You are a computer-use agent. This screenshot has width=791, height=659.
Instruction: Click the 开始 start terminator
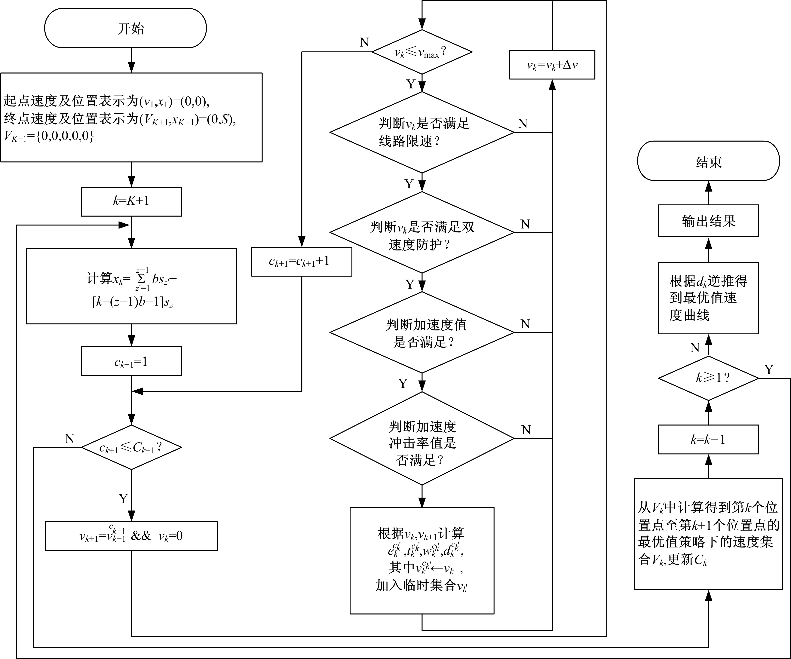tap(125, 28)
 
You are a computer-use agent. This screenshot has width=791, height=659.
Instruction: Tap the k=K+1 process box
tap(131, 201)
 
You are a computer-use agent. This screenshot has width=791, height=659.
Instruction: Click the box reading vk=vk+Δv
tap(552, 65)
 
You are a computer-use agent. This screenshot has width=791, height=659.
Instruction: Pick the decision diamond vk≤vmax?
tap(422, 52)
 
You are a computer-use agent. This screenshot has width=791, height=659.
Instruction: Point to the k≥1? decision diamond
tap(708, 378)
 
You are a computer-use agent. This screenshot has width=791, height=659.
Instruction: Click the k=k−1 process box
tap(708, 440)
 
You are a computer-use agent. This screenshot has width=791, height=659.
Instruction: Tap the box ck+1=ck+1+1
tap(301, 262)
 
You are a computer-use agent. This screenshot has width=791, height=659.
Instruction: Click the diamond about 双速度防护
tap(422, 232)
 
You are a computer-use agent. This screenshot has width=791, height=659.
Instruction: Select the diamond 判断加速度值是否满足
tap(422, 333)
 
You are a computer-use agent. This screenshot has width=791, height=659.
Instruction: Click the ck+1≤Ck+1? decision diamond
tap(131, 447)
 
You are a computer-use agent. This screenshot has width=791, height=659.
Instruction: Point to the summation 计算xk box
tap(131, 286)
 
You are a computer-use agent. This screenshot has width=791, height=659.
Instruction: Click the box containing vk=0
tap(131, 536)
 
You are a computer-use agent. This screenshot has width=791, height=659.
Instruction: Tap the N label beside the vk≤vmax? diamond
tap(364, 42)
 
